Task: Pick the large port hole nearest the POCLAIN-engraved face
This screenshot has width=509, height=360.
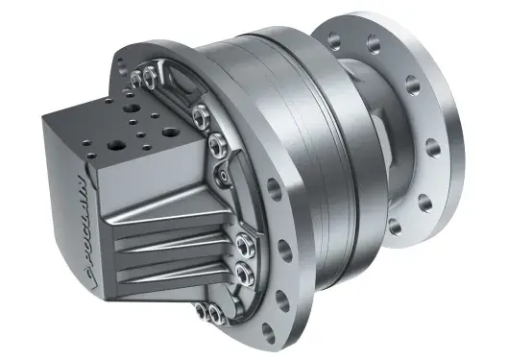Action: click(114, 145)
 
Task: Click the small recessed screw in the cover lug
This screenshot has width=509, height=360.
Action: click(223, 177)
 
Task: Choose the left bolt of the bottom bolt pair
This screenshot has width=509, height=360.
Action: click(202, 313)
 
